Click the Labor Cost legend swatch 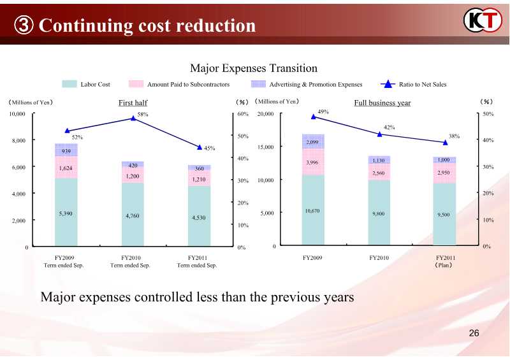pos(69,84)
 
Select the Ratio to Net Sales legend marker pos(388,84)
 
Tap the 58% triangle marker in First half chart pos(133,118)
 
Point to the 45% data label pos(210,148)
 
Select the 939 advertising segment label pos(66,151)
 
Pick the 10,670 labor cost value pos(312,210)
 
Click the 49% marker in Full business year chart pos(313,117)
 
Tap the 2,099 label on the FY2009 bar pos(312,142)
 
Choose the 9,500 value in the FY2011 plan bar pos(444,215)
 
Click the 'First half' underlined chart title pos(133,103)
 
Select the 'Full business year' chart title pos(382,103)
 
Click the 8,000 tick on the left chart pos(19,141)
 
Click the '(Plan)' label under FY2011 pos(444,266)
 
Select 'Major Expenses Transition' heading pos(254,68)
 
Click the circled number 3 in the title pos(23,26)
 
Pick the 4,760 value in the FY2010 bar pos(133,216)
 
